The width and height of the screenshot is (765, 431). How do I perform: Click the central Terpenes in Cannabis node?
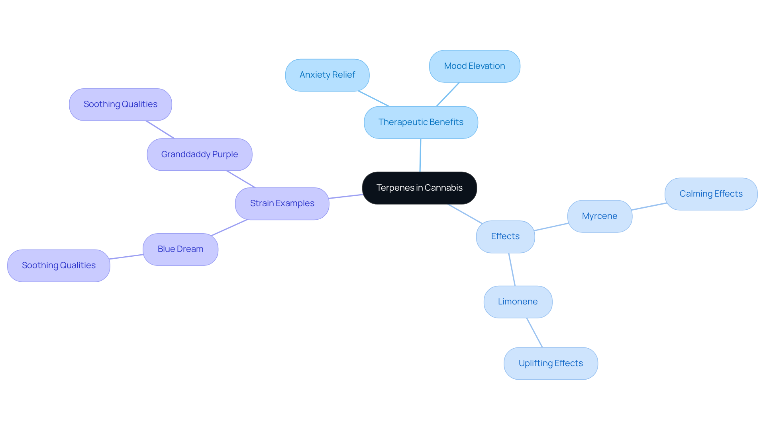point(420,188)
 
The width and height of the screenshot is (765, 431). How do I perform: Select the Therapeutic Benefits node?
point(421,122)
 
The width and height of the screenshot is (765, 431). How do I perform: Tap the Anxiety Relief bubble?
point(327,75)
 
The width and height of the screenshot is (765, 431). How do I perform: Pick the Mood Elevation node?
point(475,66)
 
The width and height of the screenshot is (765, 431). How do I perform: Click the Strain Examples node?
point(282,203)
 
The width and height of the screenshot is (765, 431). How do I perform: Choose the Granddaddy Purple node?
point(200,154)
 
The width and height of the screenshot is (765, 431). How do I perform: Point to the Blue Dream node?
point(180,249)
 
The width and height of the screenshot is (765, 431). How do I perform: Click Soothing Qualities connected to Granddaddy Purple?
point(120,104)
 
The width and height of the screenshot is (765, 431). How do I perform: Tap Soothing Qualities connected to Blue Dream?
point(59,265)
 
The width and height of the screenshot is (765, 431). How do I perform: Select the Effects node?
point(505,236)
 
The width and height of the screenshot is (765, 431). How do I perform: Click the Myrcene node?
point(600,216)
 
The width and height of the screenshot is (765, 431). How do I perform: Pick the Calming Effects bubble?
point(711,194)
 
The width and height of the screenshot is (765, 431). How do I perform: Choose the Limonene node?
point(518,302)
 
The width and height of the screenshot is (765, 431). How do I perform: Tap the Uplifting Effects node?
point(551,363)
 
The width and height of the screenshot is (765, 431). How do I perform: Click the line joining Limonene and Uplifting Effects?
point(535,333)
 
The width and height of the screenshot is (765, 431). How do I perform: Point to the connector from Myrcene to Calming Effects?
point(649,207)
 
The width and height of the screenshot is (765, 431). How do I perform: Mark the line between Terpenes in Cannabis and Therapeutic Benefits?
point(420,155)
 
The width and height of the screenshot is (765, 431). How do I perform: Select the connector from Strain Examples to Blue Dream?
point(229,228)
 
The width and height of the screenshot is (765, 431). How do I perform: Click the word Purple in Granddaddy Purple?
point(225,154)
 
